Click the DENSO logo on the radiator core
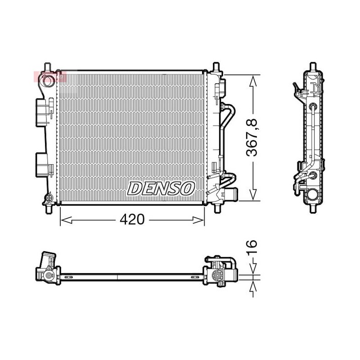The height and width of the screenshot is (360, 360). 161,189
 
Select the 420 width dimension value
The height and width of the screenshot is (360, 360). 132,219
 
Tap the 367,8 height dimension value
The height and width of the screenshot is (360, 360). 252,138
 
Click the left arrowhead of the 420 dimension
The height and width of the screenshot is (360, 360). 67,220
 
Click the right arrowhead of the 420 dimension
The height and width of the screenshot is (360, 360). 198,220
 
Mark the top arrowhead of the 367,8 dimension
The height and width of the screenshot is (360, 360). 253,81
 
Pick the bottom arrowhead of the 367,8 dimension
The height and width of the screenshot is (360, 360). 253,194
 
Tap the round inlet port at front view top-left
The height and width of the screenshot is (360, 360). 48,81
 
